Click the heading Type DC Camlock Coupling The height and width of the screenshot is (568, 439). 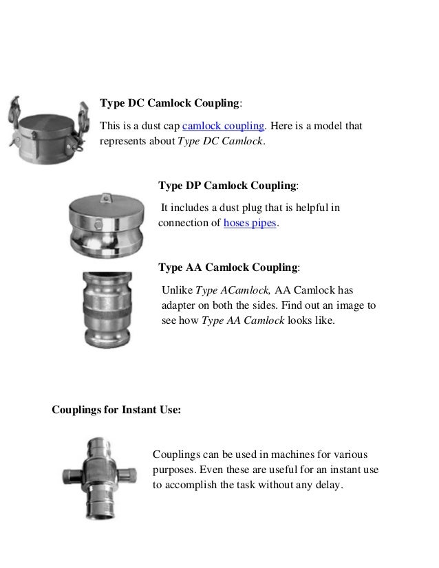click(x=170, y=104)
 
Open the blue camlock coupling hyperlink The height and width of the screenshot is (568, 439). click(x=223, y=126)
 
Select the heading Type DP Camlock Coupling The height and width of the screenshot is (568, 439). click(x=228, y=186)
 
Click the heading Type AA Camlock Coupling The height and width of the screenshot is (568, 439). click(x=228, y=267)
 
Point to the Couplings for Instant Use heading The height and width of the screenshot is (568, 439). click(x=116, y=411)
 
